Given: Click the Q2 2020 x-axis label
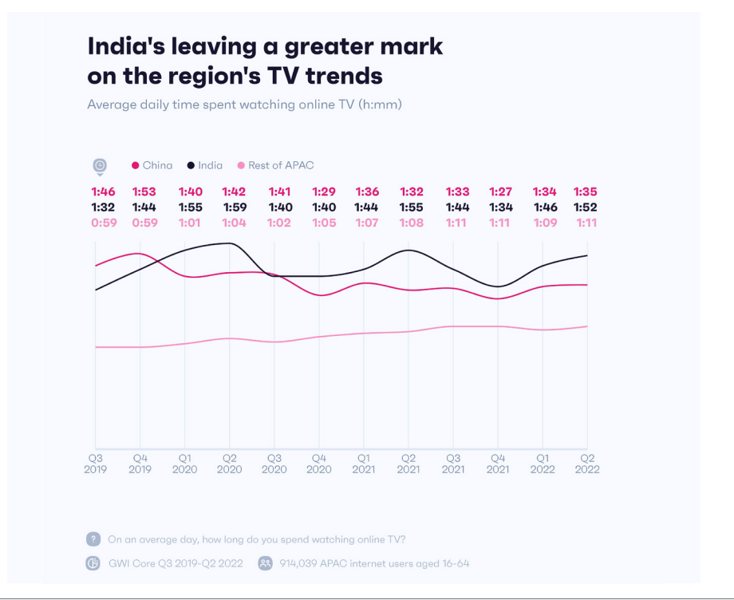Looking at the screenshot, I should pos(230,464).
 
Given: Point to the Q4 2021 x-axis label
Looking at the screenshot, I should pos(498,464).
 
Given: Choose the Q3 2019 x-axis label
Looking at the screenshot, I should pos(95,464).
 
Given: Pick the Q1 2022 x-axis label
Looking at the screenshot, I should pos(543,464).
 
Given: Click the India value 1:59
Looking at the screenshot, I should pos(235,207).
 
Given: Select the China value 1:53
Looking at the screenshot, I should pos(144,192).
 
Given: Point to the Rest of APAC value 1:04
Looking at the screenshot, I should pos(235,223).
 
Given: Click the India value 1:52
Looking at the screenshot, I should pos(586,207).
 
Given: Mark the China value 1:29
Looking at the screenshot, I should pos(324,192).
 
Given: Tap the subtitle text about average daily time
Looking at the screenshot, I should pos(244,105).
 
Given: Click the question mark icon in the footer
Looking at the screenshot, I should pos(93,539).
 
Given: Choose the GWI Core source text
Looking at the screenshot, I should pos(175,563).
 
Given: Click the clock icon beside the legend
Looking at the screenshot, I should pos(100,166).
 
